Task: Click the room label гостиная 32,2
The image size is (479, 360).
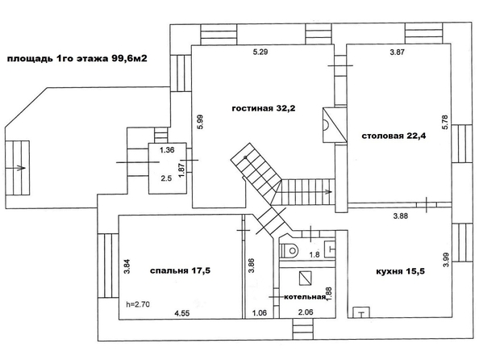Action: coord(264,108)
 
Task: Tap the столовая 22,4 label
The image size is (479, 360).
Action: coord(394,136)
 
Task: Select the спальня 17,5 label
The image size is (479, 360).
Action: coord(181,270)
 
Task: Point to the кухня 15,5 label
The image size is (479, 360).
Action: coord(401,271)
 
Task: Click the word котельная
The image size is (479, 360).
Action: coord(305,297)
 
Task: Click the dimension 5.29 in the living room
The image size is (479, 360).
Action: coord(260,52)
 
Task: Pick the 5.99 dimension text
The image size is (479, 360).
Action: coord(201,122)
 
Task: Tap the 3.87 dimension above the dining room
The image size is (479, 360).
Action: coord(397,52)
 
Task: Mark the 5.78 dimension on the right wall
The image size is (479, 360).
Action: coord(445,122)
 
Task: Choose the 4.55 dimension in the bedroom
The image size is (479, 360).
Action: coord(182,313)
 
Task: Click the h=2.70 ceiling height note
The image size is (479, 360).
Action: coord(138,304)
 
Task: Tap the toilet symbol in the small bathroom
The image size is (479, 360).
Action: coord(289,251)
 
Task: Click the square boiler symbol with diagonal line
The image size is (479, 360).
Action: coord(305,278)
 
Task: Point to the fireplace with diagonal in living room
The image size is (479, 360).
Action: coord(335,125)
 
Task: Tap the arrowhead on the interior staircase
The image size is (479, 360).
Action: coord(329,192)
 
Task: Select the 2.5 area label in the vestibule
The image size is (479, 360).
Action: coord(166,178)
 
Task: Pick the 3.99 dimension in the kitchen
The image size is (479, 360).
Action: coord(445,259)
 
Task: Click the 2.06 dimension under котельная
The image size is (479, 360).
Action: coord(306,312)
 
